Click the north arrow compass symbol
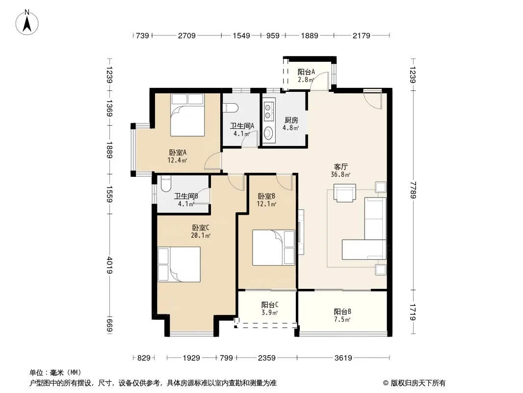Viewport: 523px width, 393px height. click(x=27, y=23)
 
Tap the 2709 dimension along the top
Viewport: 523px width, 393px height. click(x=187, y=35)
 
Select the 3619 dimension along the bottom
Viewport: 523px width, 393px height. click(x=343, y=358)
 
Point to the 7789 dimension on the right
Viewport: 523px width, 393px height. click(x=414, y=190)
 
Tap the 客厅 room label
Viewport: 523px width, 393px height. click(x=341, y=167)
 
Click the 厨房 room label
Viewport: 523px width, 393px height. click(x=291, y=120)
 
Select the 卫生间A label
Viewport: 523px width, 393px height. click(x=242, y=126)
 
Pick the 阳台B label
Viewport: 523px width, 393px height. click(x=342, y=312)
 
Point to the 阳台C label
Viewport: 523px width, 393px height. click(x=270, y=305)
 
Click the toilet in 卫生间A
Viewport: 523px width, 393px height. click(x=231, y=108)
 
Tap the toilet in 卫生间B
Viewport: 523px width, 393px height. click(x=165, y=184)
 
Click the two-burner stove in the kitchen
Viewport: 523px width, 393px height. click(x=269, y=111)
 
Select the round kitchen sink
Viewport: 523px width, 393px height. click(x=268, y=134)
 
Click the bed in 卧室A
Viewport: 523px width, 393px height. click(x=187, y=115)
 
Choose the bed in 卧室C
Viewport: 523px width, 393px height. click(x=179, y=264)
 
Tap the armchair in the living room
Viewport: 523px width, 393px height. click(x=344, y=193)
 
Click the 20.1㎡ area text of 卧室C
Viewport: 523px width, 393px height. click(x=201, y=235)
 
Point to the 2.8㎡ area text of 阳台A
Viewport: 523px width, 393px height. click(x=306, y=80)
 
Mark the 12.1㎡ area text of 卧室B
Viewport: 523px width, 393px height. click(x=266, y=204)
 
